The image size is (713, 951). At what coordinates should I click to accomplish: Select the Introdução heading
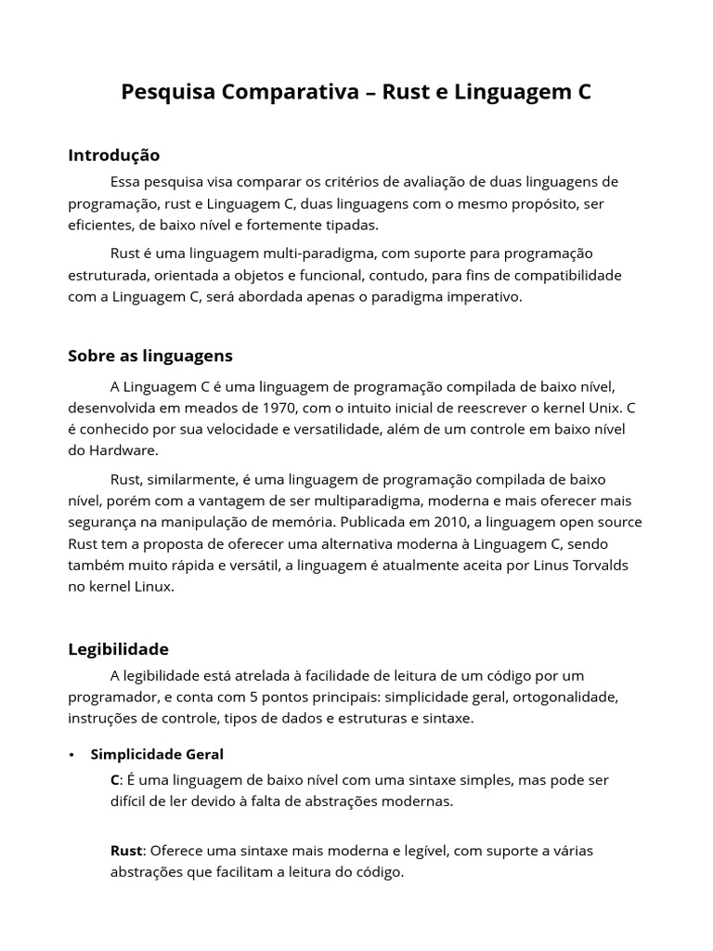[x=113, y=155]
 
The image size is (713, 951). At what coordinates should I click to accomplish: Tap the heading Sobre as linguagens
[x=150, y=356]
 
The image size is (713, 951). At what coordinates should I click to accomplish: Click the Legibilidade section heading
[x=118, y=649]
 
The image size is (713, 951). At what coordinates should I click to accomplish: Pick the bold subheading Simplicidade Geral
[x=157, y=754]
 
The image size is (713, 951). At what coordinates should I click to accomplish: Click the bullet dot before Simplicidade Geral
[x=71, y=754]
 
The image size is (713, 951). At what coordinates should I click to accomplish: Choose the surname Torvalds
[x=599, y=566]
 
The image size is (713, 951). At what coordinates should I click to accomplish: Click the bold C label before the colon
[x=115, y=780]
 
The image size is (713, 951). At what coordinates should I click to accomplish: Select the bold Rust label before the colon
[x=126, y=851]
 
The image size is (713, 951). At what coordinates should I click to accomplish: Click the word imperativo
[x=486, y=297]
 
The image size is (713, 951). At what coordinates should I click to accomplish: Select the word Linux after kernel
[x=149, y=587]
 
